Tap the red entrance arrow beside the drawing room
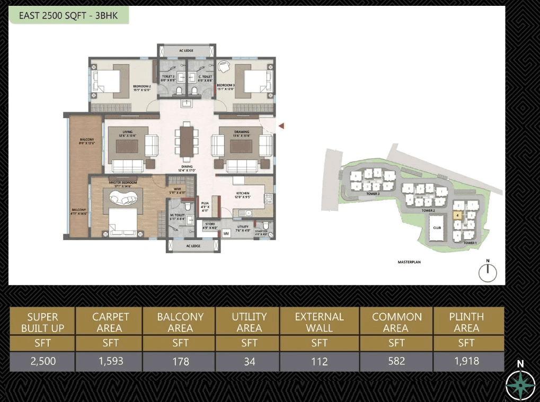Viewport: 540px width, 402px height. point(282,126)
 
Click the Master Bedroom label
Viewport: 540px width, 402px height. point(123,184)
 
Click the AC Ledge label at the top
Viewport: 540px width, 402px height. point(186,50)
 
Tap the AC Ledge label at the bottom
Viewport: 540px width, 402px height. point(193,246)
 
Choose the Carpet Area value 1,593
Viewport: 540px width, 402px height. point(110,361)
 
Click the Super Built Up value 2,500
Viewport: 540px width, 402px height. point(42,361)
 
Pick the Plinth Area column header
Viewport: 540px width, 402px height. point(466,322)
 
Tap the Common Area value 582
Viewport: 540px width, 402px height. point(396,361)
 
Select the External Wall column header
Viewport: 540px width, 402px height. point(319,322)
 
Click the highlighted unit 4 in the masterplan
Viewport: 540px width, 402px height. point(457,216)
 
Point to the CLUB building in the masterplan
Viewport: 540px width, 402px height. point(437,228)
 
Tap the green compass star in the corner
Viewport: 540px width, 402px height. point(520,384)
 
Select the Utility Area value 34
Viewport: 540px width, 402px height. point(249,361)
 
